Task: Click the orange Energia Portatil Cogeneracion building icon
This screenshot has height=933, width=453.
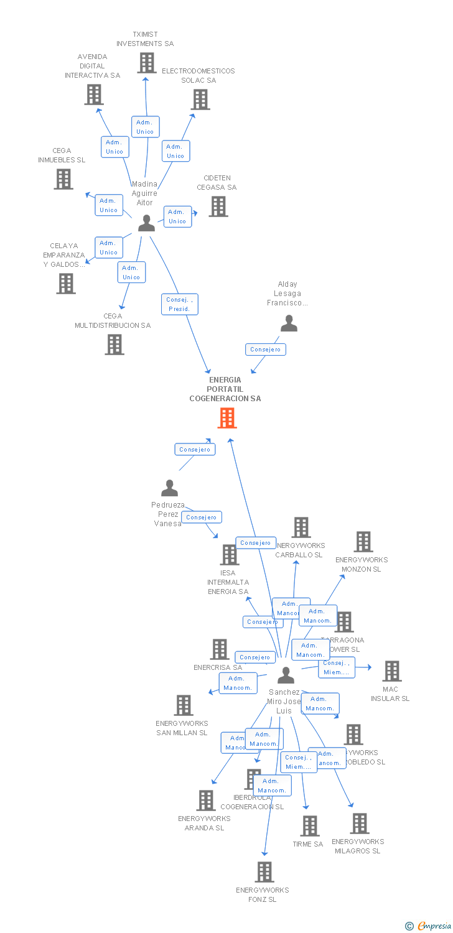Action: pyautogui.click(x=227, y=418)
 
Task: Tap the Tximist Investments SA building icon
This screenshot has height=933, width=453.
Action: pyautogui.click(x=146, y=63)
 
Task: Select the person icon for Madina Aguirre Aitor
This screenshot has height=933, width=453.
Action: pyautogui.click(x=146, y=223)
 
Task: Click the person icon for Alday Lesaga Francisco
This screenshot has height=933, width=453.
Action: pyautogui.click(x=289, y=323)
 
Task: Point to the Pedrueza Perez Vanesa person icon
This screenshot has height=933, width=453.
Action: pyautogui.click(x=169, y=488)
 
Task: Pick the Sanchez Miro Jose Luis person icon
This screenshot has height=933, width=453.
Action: pyautogui.click(x=286, y=675)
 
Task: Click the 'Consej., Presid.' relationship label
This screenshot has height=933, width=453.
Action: pyautogui.click(x=179, y=304)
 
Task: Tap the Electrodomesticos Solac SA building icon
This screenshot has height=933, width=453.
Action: pyautogui.click(x=200, y=100)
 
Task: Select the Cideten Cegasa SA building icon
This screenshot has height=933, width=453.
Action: pyautogui.click(x=218, y=207)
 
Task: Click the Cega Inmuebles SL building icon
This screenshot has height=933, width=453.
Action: pyautogui.click(x=63, y=179)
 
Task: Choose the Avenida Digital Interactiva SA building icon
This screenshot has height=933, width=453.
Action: pyautogui.click(x=93, y=95)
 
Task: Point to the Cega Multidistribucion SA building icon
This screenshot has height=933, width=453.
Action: pyautogui.click(x=114, y=345)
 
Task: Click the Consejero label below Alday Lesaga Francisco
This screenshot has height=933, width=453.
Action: pyautogui.click(x=266, y=350)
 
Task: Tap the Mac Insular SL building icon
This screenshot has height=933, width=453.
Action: pyautogui.click(x=391, y=671)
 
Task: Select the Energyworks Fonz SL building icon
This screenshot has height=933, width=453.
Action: pyautogui.click(x=264, y=872)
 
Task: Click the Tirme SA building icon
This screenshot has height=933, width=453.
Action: pyautogui.click(x=309, y=826)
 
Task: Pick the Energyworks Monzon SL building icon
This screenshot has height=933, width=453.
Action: pyautogui.click(x=363, y=542)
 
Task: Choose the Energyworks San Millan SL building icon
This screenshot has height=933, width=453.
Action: pyautogui.click(x=184, y=705)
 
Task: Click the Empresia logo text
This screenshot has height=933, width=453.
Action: pyautogui.click(x=434, y=926)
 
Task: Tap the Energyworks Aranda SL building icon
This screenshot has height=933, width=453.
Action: pyautogui.click(x=205, y=801)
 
